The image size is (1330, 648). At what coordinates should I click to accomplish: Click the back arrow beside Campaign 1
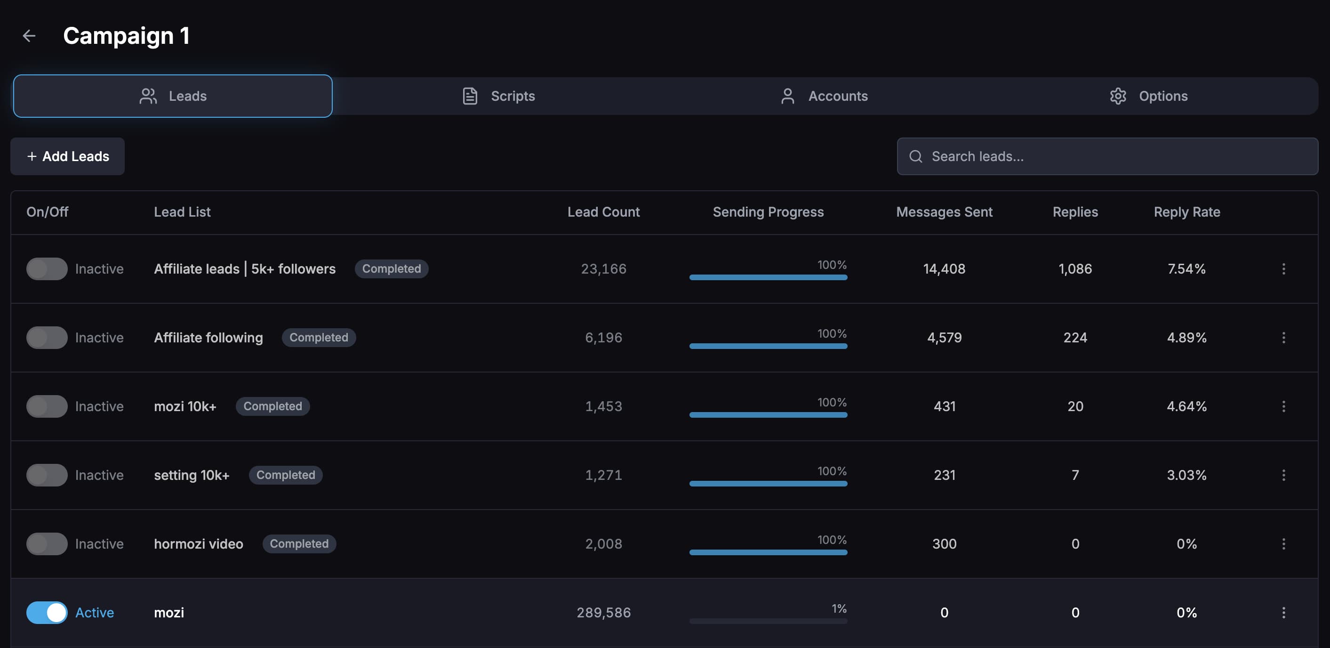coord(29,36)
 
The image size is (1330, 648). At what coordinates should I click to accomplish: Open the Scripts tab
coord(498,96)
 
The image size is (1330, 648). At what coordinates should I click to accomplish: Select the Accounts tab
coord(824,96)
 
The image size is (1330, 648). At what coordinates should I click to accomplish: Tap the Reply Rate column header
coord(1186,212)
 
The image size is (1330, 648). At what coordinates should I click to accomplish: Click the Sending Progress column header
coord(768,212)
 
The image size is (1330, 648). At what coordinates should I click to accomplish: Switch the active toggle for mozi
coord(47,612)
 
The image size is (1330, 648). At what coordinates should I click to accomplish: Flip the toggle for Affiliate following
coord(47,338)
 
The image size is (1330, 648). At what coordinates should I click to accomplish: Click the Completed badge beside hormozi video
coord(299,543)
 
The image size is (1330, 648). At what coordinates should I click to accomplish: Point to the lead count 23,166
coord(603,269)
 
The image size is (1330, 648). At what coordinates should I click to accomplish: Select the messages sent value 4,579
coord(944,338)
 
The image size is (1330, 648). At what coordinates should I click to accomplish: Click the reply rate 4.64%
coord(1186,406)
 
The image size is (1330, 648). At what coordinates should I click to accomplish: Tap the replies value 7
coord(1075,475)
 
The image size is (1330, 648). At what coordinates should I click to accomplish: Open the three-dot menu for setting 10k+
coord(1283,475)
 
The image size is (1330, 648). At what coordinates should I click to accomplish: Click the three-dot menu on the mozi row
coord(1283,612)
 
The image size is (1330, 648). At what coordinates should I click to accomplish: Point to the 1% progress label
coord(839,609)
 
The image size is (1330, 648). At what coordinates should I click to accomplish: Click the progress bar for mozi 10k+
coord(768,414)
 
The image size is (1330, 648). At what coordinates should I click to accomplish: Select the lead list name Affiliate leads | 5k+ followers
coord(245,269)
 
